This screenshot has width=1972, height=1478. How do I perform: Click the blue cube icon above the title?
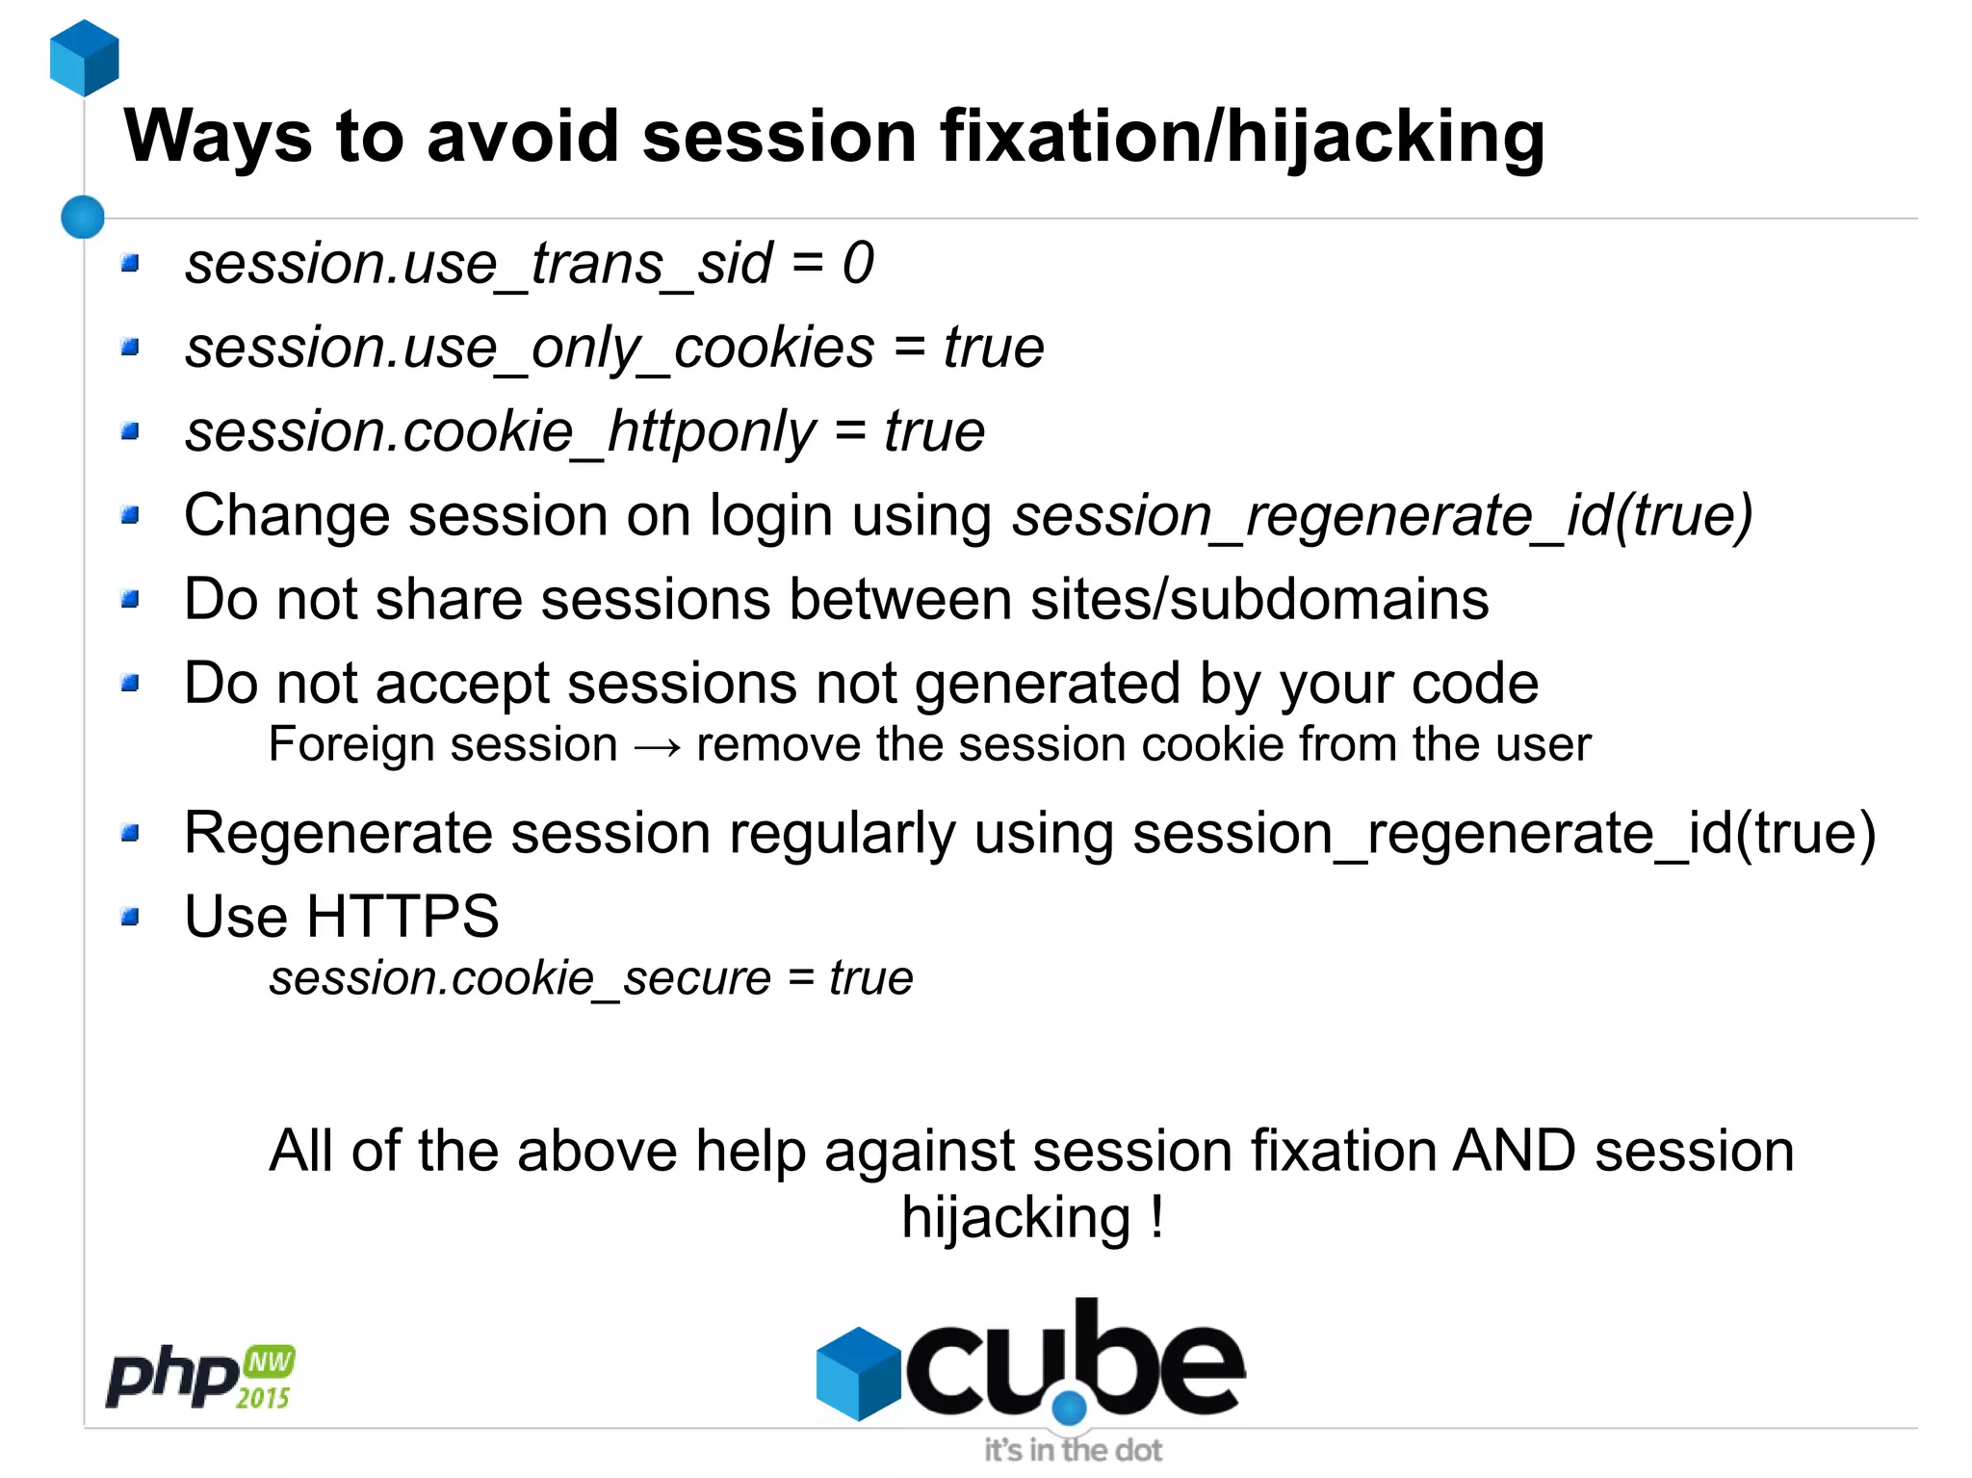tap(84, 58)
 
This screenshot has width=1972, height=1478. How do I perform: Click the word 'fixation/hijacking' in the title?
tap(1242, 136)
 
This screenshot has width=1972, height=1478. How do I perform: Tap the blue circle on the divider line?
tap(83, 217)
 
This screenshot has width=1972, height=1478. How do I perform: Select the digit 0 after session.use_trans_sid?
tap(858, 263)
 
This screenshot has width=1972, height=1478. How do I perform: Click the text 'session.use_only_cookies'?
tap(530, 348)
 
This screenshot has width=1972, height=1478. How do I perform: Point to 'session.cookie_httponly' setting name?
tap(501, 431)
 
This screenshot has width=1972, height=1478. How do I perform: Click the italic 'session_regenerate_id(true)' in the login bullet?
tap(1382, 516)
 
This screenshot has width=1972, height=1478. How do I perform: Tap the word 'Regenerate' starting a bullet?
tap(338, 833)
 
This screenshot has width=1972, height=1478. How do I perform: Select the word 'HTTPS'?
tap(402, 916)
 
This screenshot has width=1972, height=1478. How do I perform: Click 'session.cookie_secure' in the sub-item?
tap(520, 978)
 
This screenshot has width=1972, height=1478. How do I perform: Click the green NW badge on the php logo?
tap(270, 1361)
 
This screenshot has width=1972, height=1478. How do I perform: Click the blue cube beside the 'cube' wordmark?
tap(856, 1372)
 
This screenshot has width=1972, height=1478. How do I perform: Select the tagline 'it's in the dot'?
tap(1073, 1450)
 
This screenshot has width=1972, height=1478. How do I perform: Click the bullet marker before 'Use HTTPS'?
tap(131, 917)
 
